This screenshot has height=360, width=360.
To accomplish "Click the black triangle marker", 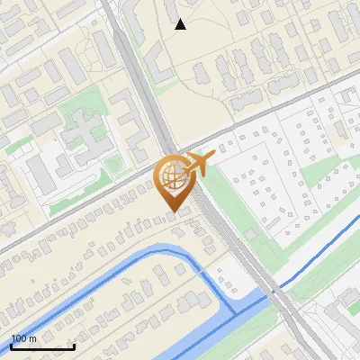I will click(180, 24).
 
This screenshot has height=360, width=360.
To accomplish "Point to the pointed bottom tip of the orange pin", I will click(171, 212).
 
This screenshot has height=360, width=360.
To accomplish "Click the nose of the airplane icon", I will click(212, 156).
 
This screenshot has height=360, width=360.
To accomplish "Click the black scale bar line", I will click(42, 347).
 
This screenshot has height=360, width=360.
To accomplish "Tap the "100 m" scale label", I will click(24, 338).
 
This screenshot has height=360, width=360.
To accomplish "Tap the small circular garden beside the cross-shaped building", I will click(113, 163).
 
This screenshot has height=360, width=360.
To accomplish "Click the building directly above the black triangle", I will click(172, 8).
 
